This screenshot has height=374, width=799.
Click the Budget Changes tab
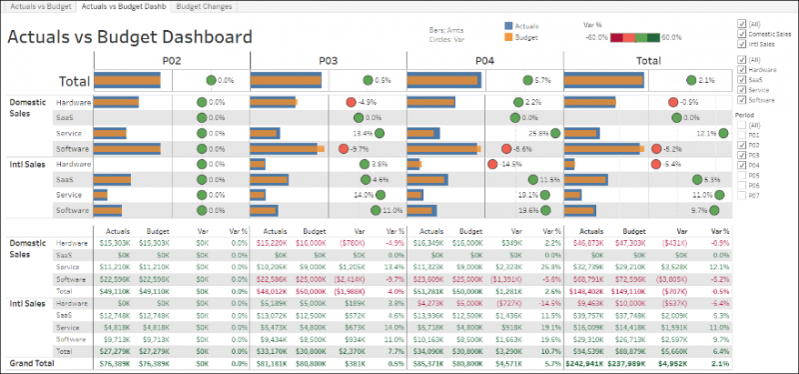204,7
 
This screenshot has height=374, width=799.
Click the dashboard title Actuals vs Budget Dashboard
130,37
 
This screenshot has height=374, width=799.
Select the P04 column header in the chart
485,61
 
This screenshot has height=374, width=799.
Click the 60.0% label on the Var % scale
671,37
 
